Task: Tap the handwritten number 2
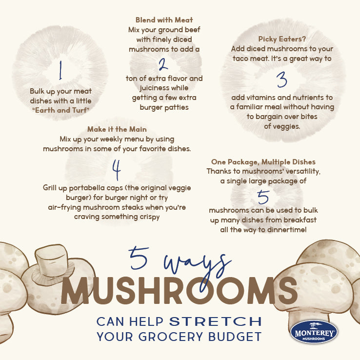pyautogui.click(x=163, y=64)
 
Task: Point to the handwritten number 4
pyautogui.click(x=116, y=169)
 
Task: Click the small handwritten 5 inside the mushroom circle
pyautogui.click(x=263, y=196)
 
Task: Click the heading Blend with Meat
pyautogui.click(x=163, y=20)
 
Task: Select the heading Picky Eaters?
pyautogui.click(x=281, y=39)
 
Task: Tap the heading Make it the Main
pyautogui.click(x=117, y=129)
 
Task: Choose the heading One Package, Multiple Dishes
pyautogui.click(x=263, y=161)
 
